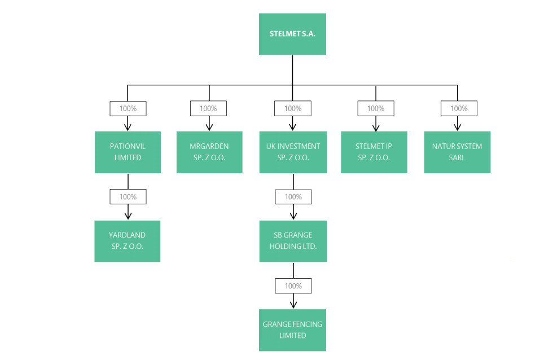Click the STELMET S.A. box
pyautogui.click(x=292, y=34)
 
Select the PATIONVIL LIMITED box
pyautogui.click(x=128, y=152)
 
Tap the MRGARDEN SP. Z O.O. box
pyautogui.click(x=209, y=152)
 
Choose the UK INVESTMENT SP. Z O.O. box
pyautogui.click(x=293, y=152)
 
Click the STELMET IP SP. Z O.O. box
pyautogui.click(x=374, y=152)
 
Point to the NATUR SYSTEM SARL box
pyautogui.click(x=458, y=152)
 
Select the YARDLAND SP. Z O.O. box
pyautogui.click(x=128, y=241)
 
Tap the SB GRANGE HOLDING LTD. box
pyautogui.click(x=293, y=241)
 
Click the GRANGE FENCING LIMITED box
pyautogui.click(x=292, y=330)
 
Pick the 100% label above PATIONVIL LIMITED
pyautogui.click(x=128, y=108)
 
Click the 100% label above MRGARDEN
pyautogui.click(x=208, y=108)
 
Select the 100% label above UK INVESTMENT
pyautogui.click(x=293, y=108)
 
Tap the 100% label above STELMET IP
pyautogui.click(x=376, y=108)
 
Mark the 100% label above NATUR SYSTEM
pyautogui.click(x=459, y=108)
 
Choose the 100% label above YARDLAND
pyautogui.click(x=128, y=197)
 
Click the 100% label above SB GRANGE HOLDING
pyautogui.click(x=293, y=197)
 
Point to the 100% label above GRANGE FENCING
pyautogui.click(x=293, y=286)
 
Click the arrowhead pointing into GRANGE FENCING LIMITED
pyautogui.click(x=293, y=305)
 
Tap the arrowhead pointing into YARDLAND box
pyautogui.click(x=128, y=216)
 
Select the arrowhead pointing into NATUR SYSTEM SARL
pyautogui.click(x=458, y=127)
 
